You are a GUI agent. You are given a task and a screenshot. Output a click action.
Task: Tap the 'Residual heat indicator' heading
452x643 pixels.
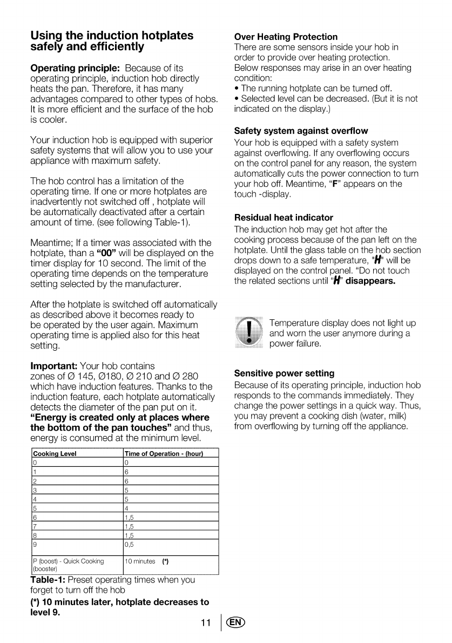[x=284, y=217]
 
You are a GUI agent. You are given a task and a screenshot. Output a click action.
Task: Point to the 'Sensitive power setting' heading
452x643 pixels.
[x=284, y=373]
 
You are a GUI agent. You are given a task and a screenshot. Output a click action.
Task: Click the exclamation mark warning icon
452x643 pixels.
[x=248, y=331]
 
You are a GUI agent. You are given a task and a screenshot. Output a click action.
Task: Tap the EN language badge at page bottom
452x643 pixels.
[x=236, y=623]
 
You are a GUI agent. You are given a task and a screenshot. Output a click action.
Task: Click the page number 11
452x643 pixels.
[x=206, y=623]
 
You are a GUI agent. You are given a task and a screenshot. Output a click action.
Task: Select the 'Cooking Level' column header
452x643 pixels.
[x=55, y=454]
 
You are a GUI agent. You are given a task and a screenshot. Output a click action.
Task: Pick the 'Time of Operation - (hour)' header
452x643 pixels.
[x=163, y=454]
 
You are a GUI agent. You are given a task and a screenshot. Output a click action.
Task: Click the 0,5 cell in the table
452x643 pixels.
[x=129, y=544]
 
